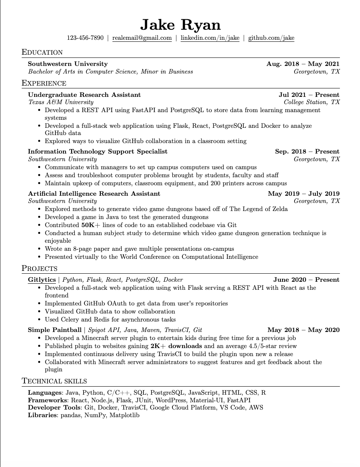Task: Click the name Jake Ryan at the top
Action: (x=180, y=25)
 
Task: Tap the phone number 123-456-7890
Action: (x=85, y=38)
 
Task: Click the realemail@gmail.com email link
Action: (x=142, y=38)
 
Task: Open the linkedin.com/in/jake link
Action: (x=210, y=38)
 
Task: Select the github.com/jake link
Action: (x=271, y=38)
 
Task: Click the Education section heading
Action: (x=42, y=52)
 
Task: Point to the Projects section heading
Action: (x=39, y=268)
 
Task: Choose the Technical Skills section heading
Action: (x=54, y=381)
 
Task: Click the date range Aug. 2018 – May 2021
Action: (x=303, y=64)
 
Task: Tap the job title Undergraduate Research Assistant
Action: (x=84, y=95)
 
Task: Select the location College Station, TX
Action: (x=312, y=102)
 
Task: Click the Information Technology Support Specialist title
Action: (x=98, y=152)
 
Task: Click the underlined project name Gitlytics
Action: (x=42, y=280)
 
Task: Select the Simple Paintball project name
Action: (x=55, y=330)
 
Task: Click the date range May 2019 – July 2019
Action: (x=303, y=194)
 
